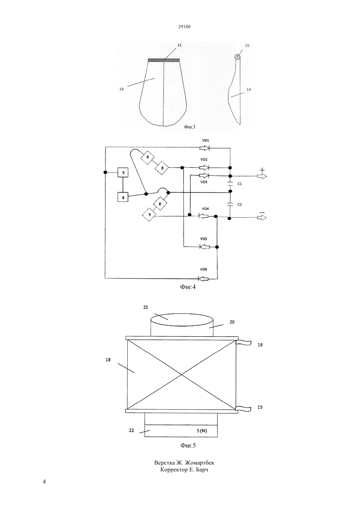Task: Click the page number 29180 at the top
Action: click(184, 26)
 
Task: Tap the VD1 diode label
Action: click(206, 140)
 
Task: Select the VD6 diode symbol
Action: click(204, 279)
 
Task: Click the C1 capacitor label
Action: click(240, 184)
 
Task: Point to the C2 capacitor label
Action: click(240, 204)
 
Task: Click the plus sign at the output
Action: click(262, 170)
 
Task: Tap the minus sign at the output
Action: click(262, 212)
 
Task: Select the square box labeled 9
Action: click(123, 173)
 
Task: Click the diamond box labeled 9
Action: click(149, 215)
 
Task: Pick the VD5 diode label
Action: click(204, 239)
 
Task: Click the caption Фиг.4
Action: click(188, 287)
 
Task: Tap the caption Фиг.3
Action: click(189, 127)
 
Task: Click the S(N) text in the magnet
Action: click(202, 431)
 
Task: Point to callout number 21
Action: click(146, 307)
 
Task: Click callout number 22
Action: click(131, 430)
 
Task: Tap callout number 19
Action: click(260, 407)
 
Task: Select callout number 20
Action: click(232, 322)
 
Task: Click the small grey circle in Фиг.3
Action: click(237, 57)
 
